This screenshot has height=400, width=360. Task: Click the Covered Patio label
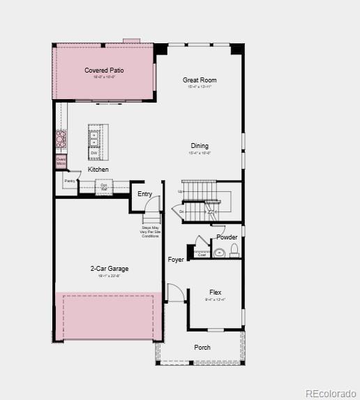click(x=103, y=71)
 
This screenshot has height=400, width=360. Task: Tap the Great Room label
click(x=200, y=80)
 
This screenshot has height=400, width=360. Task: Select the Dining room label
click(x=200, y=146)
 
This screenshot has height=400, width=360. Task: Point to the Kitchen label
click(x=98, y=170)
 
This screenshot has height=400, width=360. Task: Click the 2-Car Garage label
click(x=109, y=269)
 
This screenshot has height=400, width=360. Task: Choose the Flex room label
click(x=216, y=292)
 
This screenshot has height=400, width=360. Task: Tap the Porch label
click(x=202, y=348)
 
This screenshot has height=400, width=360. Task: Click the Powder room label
click(x=227, y=237)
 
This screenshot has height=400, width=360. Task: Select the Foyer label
click(x=176, y=260)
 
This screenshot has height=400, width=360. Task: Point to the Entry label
click(x=145, y=194)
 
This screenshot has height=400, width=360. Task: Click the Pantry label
click(x=70, y=181)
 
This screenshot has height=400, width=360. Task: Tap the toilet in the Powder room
click(x=234, y=251)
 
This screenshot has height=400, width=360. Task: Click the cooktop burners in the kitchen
click(x=61, y=140)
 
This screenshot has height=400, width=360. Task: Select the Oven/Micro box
click(x=61, y=161)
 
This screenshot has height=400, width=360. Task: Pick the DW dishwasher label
click(x=93, y=153)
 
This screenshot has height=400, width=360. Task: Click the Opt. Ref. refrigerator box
click(x=104, y=187)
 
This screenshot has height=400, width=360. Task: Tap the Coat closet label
click(x=202, y=255)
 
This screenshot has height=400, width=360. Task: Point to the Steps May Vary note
click(x=150, y=232)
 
